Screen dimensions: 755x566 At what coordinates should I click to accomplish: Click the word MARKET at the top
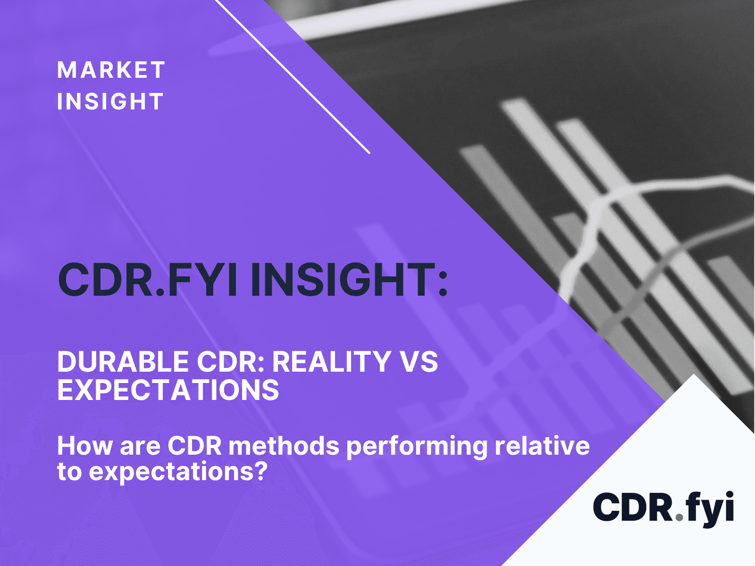[111, 70]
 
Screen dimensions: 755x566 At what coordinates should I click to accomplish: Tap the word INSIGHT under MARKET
[110, 101]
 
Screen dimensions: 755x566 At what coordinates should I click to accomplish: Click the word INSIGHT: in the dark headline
[350, 279]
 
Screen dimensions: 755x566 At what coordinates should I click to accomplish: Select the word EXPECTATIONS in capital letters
[168, 390]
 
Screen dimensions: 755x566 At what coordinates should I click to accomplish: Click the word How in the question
[85, 446]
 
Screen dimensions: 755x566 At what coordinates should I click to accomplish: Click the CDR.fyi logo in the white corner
[663, 508]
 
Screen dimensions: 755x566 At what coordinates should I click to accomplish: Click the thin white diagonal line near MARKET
[293, 76]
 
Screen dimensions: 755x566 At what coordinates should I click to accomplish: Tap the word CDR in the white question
[195, 446]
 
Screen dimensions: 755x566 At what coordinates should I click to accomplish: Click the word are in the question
[140, 449]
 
